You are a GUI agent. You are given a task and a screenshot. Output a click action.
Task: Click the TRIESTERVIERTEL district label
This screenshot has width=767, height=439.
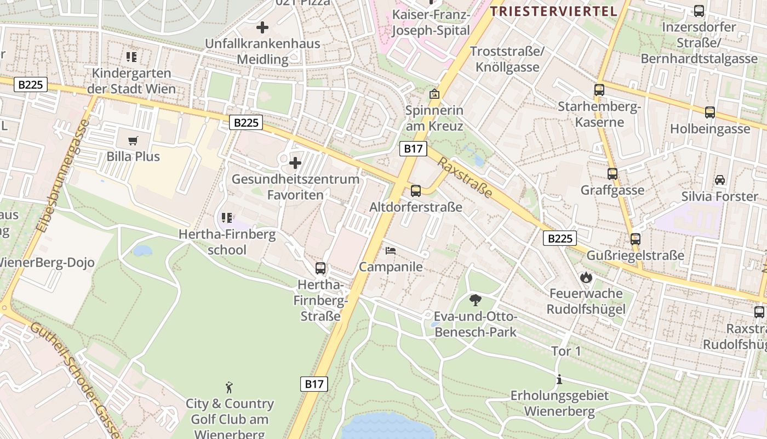553,11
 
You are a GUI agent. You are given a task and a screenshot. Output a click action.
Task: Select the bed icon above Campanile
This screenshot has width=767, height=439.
391,250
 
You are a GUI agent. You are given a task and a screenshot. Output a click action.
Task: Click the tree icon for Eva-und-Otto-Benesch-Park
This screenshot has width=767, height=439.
476,300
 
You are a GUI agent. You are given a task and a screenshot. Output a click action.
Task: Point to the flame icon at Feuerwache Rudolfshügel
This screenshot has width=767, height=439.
586,277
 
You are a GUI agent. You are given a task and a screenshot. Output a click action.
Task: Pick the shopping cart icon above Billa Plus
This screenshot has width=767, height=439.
133,140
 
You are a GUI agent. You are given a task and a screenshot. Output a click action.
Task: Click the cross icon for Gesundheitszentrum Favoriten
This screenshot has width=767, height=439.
295,163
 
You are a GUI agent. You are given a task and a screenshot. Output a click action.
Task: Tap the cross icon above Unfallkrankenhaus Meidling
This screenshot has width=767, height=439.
262,27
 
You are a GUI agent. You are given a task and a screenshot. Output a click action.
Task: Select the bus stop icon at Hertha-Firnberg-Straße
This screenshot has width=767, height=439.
320,268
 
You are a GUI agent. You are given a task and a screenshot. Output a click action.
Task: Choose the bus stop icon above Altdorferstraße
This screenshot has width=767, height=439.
416,191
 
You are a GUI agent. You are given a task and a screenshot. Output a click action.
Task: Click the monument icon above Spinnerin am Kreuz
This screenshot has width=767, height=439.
434,94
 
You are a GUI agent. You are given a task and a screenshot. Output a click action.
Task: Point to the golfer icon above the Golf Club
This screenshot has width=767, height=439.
230,387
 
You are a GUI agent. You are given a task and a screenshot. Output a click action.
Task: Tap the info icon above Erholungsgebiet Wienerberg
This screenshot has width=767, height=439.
559,379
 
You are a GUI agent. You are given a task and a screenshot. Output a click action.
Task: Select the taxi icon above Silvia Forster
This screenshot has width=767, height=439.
720,179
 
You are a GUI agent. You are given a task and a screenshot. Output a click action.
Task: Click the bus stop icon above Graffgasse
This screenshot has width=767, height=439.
613,174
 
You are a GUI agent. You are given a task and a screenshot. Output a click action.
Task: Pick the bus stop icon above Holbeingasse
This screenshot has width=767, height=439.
710,112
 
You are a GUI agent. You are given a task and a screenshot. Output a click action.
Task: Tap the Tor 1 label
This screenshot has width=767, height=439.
566,351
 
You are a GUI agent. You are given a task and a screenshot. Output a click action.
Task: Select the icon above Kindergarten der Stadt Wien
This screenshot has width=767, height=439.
131,57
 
